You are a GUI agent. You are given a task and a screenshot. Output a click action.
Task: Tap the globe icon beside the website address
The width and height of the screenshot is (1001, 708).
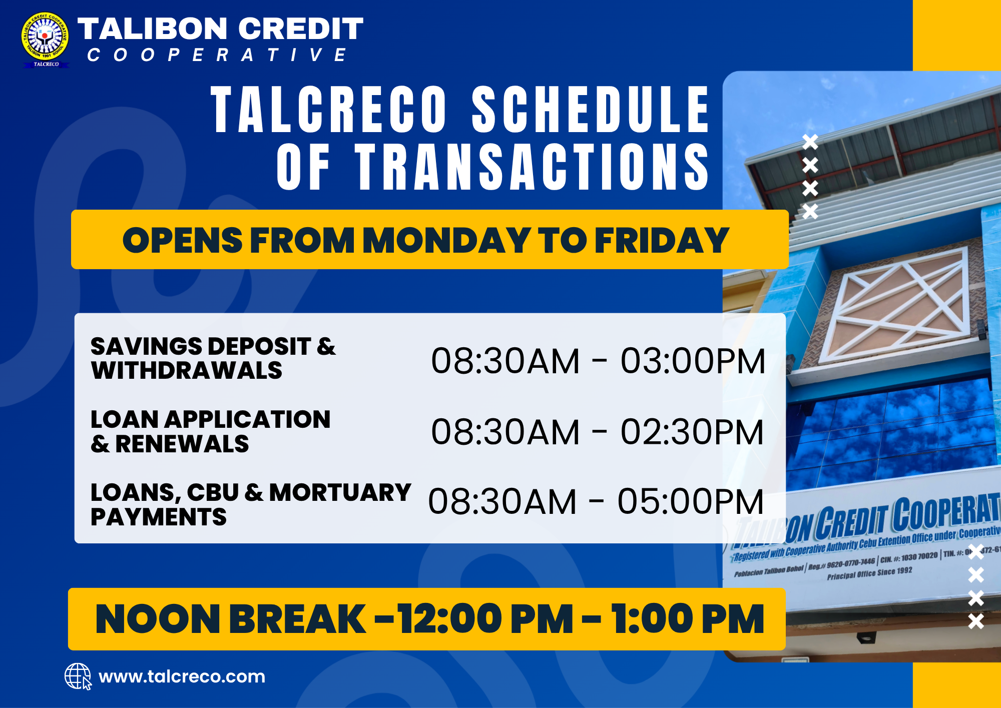[78, 676]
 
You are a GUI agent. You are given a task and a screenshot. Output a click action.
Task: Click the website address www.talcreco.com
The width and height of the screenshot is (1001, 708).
[182, 676]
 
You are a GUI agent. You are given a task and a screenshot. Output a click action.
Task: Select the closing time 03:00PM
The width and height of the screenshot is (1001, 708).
[693, 361]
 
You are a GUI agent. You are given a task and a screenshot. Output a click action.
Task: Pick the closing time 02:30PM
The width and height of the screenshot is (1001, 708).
[692, 432]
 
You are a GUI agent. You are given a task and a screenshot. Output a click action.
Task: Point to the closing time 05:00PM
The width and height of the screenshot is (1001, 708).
[691, 501]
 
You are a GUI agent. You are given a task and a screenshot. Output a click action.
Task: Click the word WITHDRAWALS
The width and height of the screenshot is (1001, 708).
[187, 371]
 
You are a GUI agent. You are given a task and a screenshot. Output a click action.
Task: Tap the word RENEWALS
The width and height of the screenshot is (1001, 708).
[182, 444]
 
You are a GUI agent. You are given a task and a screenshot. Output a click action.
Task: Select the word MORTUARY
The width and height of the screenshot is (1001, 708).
[340, 492]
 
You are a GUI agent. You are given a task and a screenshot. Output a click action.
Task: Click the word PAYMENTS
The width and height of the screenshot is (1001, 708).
[159, 517]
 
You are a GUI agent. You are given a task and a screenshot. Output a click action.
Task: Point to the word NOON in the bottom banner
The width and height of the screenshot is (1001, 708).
[156, 619]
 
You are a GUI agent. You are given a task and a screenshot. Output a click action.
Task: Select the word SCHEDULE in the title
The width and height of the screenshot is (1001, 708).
[591, 110]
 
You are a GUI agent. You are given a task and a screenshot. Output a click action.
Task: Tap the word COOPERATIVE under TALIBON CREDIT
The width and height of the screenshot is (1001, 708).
[217, 55]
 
